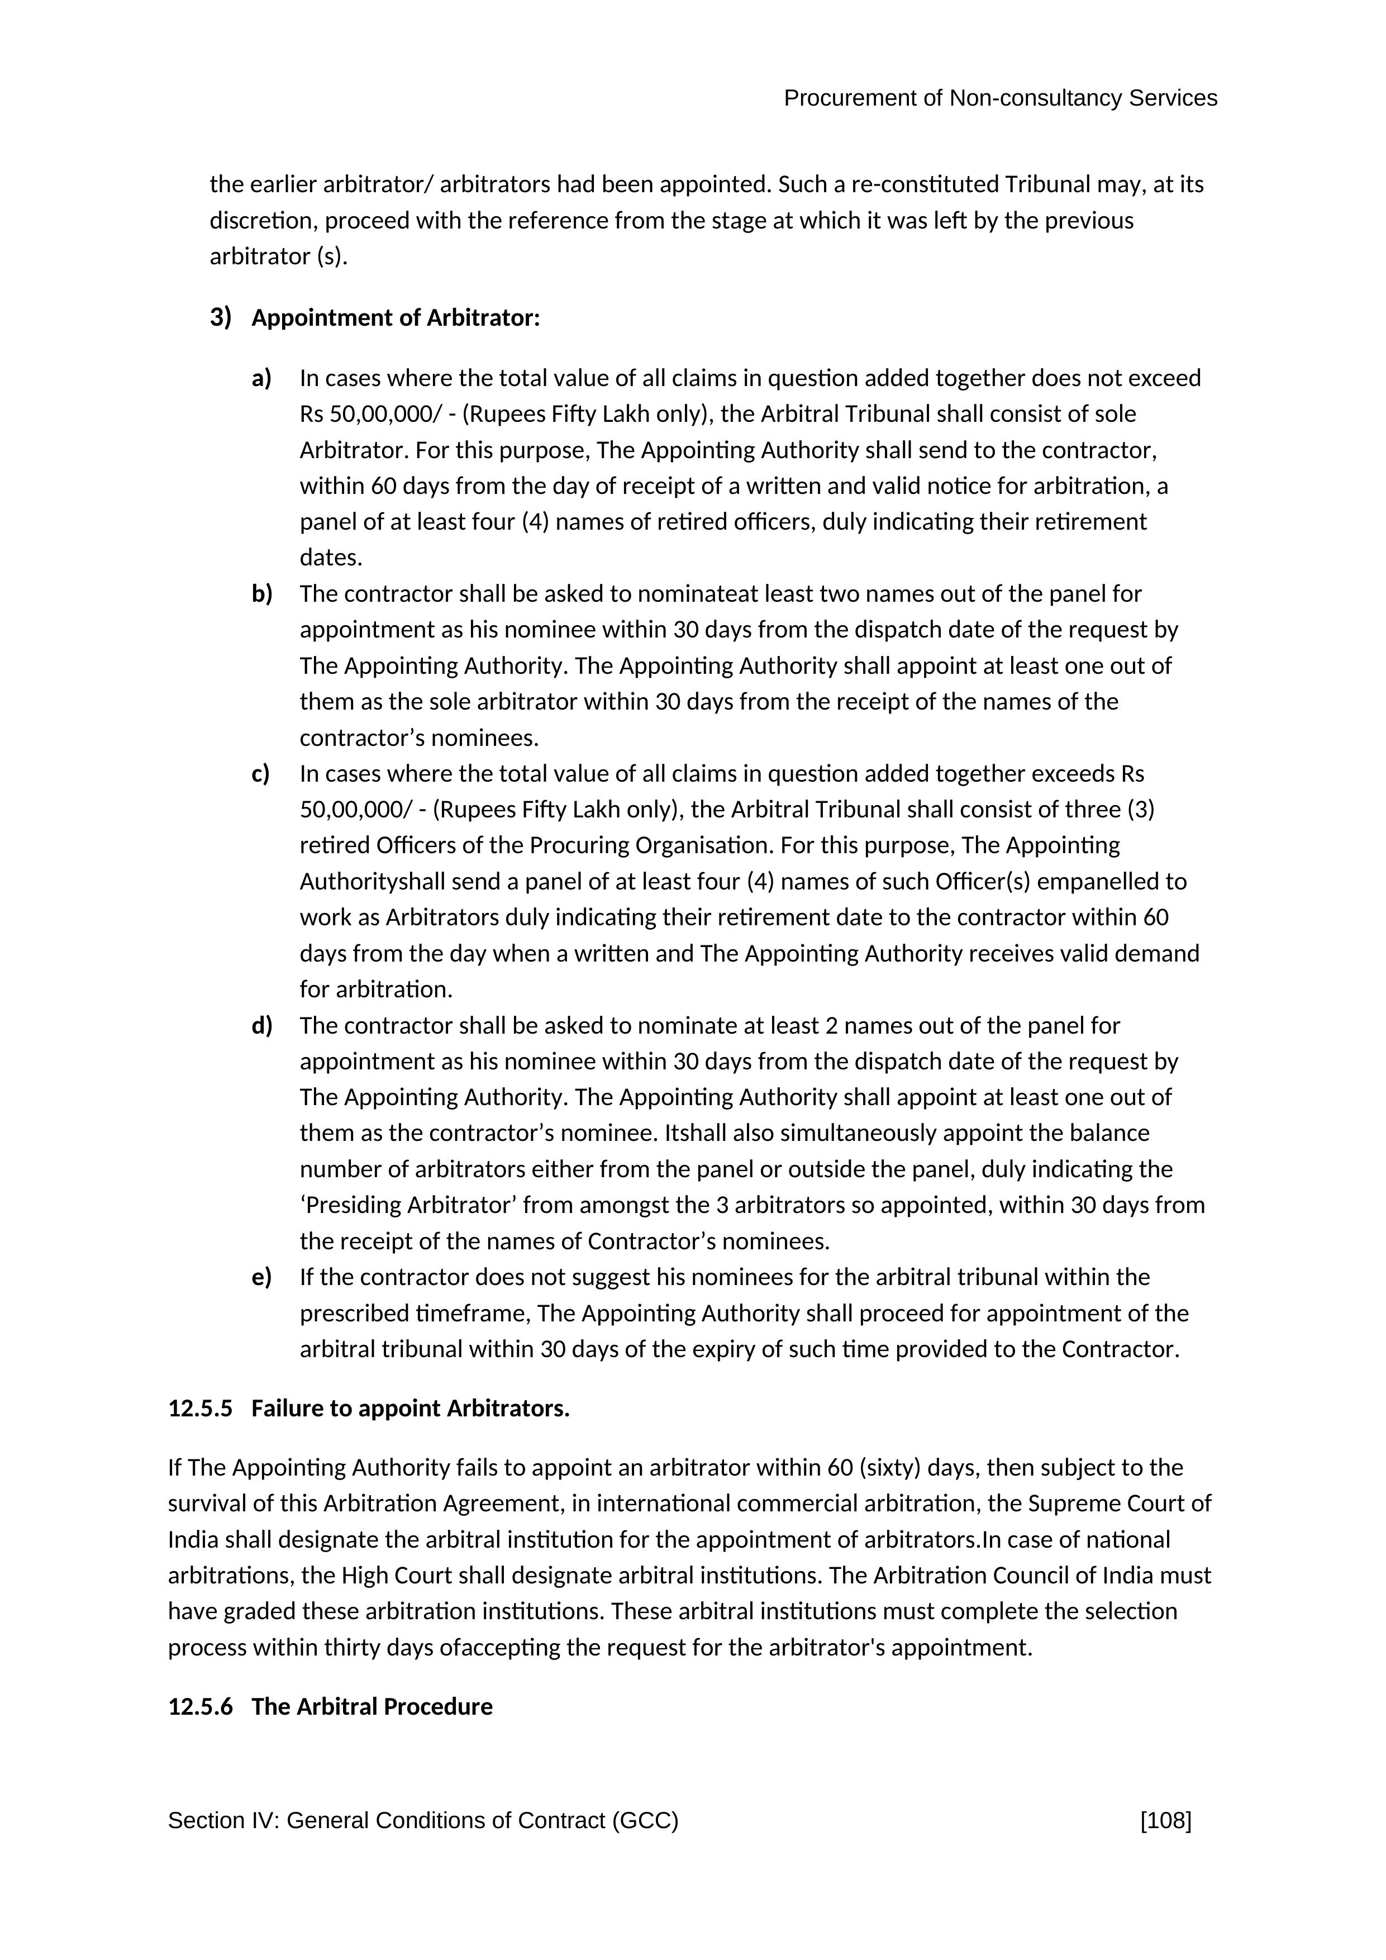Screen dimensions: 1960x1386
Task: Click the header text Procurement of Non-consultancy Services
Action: point(1000,98)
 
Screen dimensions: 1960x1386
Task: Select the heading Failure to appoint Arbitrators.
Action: point(411,1409)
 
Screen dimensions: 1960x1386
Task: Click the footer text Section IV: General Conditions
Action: point(422,1821)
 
